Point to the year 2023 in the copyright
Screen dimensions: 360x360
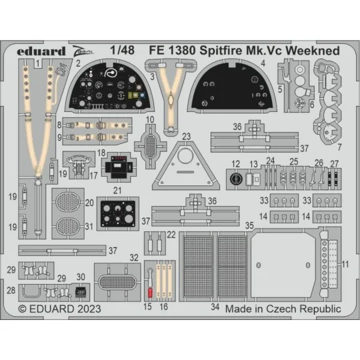point(90,309)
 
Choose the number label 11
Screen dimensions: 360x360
point(345,264)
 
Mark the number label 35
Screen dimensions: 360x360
point(249,226)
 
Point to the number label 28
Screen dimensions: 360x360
point(12,291)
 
